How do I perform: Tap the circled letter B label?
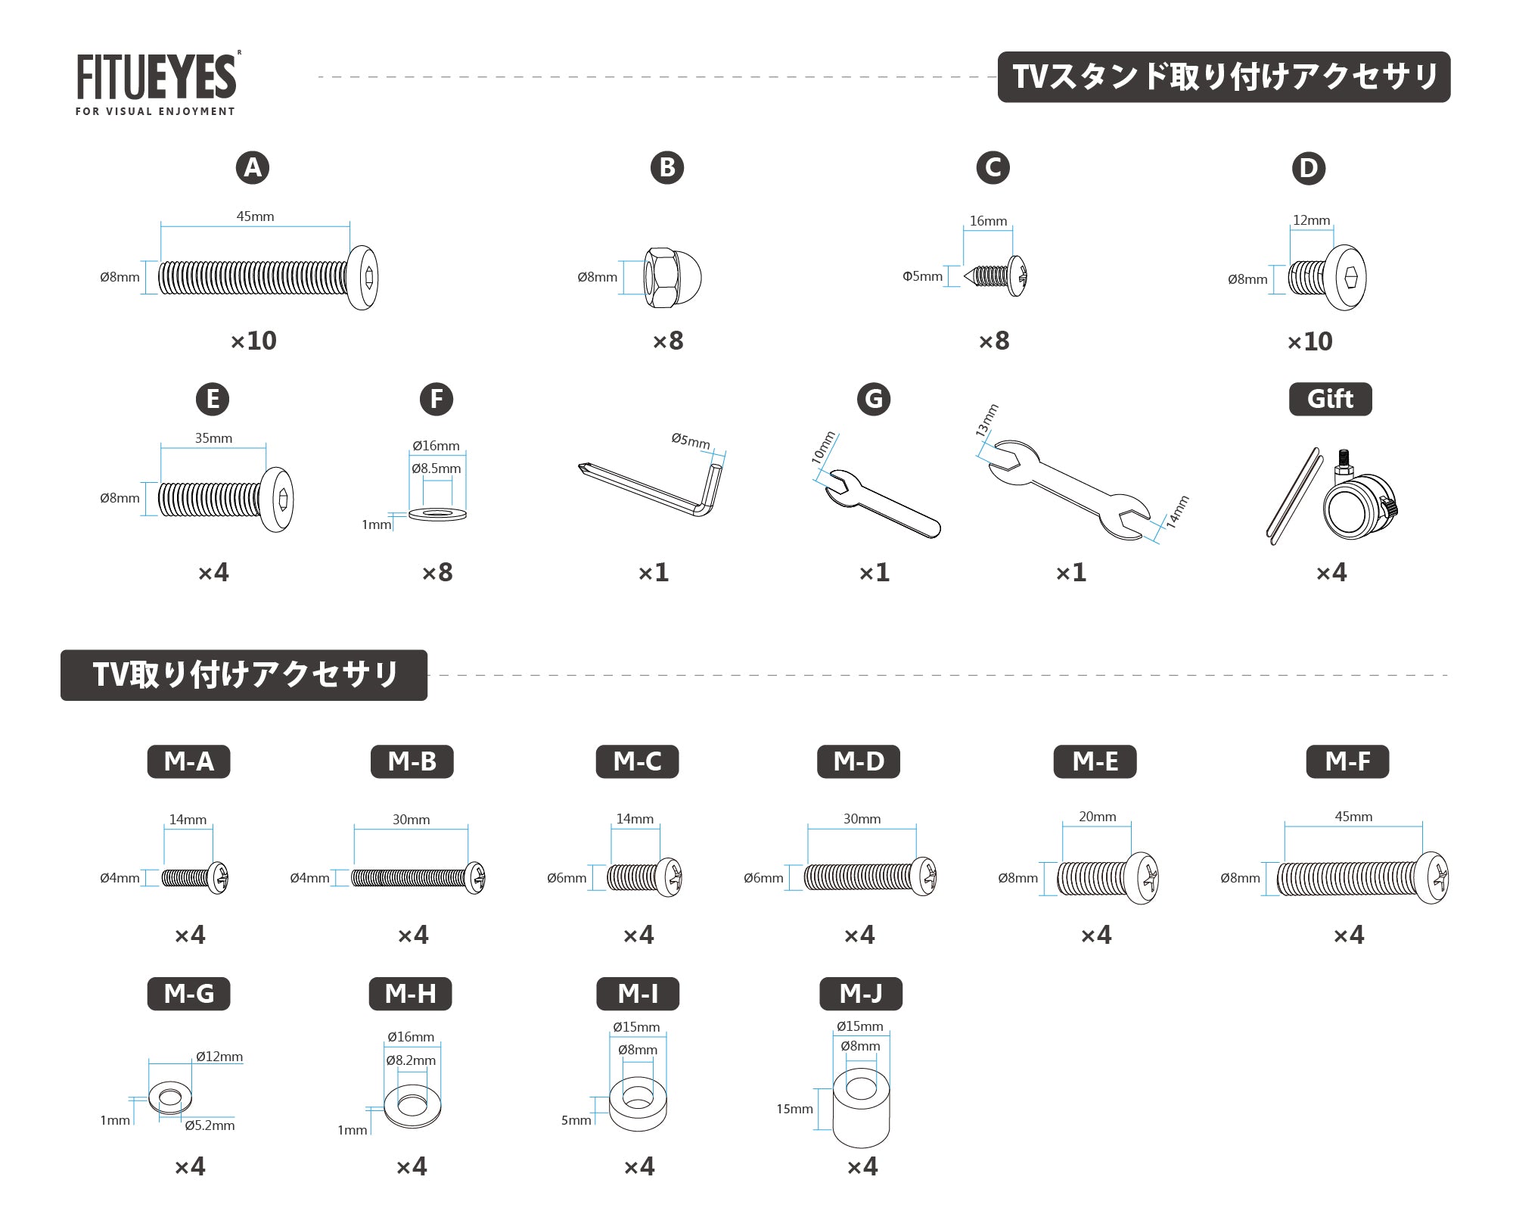point(667,167)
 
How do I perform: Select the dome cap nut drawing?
point(673,277)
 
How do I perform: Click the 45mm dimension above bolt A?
point(255,216)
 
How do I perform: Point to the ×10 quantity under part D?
point(1310,341)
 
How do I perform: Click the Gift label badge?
point(1331,399)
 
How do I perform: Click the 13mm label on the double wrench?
point(986,420)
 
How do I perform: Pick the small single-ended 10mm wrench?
point(881,504)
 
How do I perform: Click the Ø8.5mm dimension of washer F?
point(437,469)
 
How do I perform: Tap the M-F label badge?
point(1347,761)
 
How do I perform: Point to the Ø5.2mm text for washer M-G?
point(210,1125)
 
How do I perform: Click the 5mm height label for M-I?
point(576,1120)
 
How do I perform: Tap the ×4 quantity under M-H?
point(412,1166)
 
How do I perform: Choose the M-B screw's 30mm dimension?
point(411,820)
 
